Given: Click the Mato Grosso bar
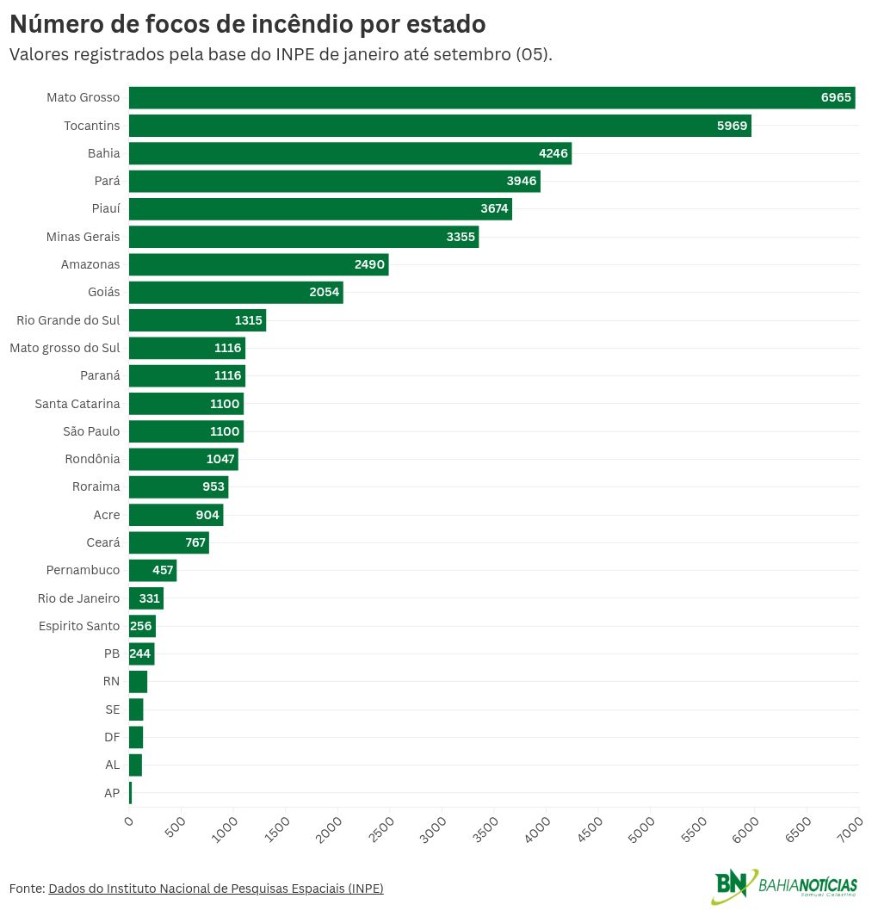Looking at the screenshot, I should [491, 98].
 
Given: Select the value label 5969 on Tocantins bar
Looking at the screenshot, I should [733, 126].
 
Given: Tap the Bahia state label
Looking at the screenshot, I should [103, 153].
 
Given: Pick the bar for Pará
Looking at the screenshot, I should [334, 182].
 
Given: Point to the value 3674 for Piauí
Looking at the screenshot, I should [494, 209].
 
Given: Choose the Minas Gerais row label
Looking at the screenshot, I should [83, 237].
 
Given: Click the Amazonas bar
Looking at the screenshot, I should [258, 264].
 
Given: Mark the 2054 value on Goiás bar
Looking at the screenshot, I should [325, 293].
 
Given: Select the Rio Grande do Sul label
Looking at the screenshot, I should [68, 320].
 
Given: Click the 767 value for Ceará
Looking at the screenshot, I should [195, 542].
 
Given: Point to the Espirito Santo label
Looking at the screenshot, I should [79, 626].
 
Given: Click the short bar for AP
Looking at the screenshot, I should [130, 793].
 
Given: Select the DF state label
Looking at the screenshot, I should [112, 737].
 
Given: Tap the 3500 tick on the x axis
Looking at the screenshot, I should [486, 827].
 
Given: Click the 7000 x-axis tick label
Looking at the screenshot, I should [850, 827].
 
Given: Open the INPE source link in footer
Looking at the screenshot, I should [215, 889].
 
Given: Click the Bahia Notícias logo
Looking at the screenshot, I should [784, 886].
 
